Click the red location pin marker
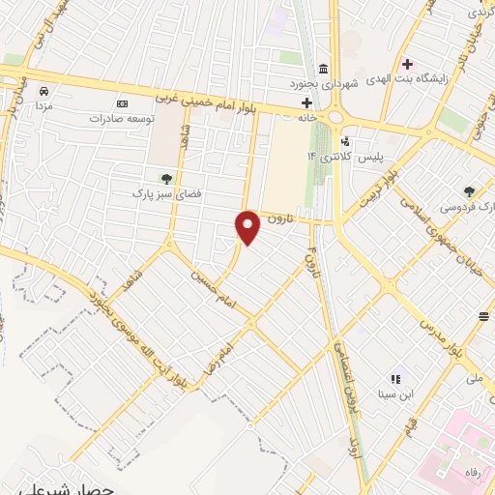pyautogui.click(x=248, y=226)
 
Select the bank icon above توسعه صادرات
pyautogui.click(x=122, y=103)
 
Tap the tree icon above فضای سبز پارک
pyautogui.click(x=166, y=178)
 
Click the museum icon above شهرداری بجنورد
pyautogui.click(x=323, y=71)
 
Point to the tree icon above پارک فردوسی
pyautogui.click(x=470, y=191)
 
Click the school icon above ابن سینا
pyautogui.click(x=394, y=379)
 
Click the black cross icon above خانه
pyautogui.click(x=306, y=102)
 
